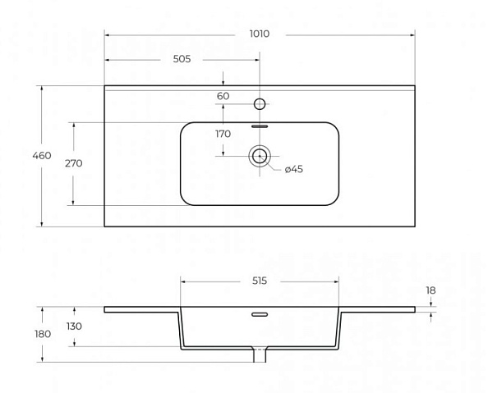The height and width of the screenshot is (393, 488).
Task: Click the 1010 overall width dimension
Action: pos(260,34)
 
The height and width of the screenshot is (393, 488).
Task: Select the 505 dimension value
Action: pos(182,59)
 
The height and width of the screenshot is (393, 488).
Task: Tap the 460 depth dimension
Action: pos(42,155)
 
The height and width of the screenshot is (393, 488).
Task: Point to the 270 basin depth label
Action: pos(74,163)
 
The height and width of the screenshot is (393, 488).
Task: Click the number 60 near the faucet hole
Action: pos(223,96)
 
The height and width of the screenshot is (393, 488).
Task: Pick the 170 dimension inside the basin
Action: pos(223,134)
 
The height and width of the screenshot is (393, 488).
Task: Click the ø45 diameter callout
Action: pos(294,169)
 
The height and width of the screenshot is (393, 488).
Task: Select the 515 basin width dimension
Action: pos(260,281)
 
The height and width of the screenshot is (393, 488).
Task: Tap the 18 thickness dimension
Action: pos(430,290)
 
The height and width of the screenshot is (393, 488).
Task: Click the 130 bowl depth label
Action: pos(74,327)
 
